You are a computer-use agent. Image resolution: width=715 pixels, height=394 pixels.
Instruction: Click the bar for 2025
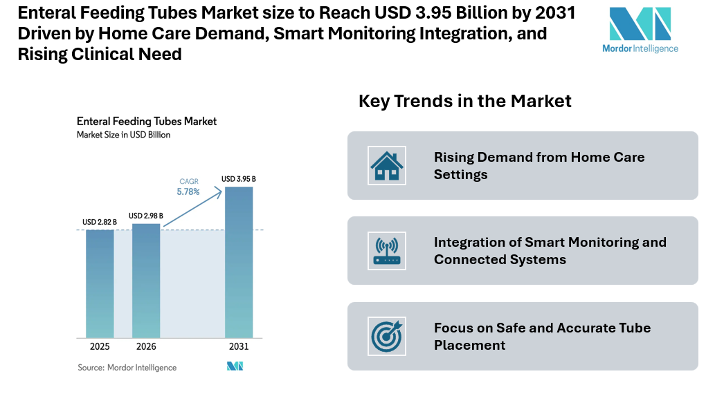100,283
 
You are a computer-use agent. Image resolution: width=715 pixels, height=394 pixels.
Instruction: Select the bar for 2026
146,280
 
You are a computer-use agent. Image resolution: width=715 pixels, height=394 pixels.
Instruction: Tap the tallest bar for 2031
238,262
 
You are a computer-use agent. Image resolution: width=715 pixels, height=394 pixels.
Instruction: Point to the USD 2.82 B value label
100,222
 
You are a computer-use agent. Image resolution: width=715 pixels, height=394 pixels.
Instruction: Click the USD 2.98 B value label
146,216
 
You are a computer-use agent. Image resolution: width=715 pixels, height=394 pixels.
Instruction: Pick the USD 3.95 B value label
238,179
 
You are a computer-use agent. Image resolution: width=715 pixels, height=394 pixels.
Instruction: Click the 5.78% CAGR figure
188,191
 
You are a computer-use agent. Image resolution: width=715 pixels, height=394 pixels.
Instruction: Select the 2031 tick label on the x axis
238,346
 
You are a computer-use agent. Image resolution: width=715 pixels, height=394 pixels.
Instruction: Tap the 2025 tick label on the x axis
100,346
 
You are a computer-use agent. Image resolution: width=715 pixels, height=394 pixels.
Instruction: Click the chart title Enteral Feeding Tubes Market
146,122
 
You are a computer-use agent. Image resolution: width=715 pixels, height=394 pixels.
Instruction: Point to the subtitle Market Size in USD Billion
123,135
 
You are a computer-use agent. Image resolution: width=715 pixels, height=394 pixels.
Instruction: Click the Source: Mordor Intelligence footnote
127,368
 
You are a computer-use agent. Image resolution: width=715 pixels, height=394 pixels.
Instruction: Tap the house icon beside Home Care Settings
387,166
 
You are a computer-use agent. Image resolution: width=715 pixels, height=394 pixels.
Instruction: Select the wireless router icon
387,251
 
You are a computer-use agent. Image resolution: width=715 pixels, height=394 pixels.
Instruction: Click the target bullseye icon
387,336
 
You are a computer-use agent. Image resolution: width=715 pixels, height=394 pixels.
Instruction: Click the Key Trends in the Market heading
464,101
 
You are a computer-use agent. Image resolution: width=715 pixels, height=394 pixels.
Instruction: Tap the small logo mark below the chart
235,366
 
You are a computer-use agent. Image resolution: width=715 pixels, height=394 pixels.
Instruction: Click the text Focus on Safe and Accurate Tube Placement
542,336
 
